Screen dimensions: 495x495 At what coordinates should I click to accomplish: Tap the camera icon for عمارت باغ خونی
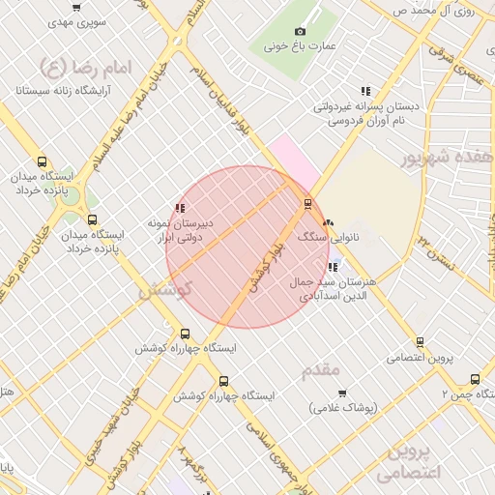[x=300, y=32]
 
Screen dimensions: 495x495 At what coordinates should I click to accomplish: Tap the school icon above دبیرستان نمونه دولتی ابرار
[x=179, y=207]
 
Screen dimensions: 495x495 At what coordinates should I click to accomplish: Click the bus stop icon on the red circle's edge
[x=307, y=203]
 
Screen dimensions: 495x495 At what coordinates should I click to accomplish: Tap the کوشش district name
[x=165, y=288]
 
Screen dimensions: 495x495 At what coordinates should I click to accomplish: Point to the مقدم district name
[x=320, y=369]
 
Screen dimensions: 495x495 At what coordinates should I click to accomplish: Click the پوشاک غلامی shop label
[x=342, y=408]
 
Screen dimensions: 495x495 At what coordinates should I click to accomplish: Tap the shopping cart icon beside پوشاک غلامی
[x=342, y=393]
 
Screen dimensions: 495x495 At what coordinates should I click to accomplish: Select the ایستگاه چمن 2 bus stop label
[x=462, y=394]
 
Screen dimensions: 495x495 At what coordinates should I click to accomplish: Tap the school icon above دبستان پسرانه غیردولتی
[x=364, y=91]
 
